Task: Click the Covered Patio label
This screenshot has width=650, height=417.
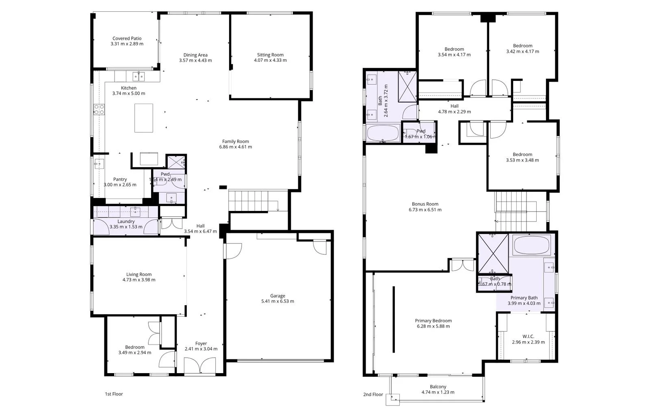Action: point(127,39)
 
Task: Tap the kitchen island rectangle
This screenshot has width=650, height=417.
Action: point(144,118)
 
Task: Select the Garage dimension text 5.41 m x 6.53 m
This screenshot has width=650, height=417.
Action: point(277,302)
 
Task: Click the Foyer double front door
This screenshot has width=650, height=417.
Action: point(199,365)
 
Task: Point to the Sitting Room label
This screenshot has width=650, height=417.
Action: point(270,55)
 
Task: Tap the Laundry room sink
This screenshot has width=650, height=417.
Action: point(135,211)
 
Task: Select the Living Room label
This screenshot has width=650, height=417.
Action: point(139,274)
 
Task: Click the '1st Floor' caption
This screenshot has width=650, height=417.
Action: point(114,394)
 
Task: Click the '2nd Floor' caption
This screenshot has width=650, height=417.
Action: point(373,394)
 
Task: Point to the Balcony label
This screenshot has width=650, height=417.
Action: point(438,387)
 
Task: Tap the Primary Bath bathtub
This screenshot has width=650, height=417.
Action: point(531,245)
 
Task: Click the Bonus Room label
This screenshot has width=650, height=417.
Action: point(425,204)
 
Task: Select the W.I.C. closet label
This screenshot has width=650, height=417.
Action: point(528,337)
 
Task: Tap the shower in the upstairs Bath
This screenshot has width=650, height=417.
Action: point(407,86)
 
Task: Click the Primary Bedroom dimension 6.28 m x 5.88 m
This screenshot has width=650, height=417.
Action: point(433,326)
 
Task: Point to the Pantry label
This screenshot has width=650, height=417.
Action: point(120,179)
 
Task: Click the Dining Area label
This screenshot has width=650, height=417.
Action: point(195,55)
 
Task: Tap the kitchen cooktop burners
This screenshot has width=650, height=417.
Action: point(99,109)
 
